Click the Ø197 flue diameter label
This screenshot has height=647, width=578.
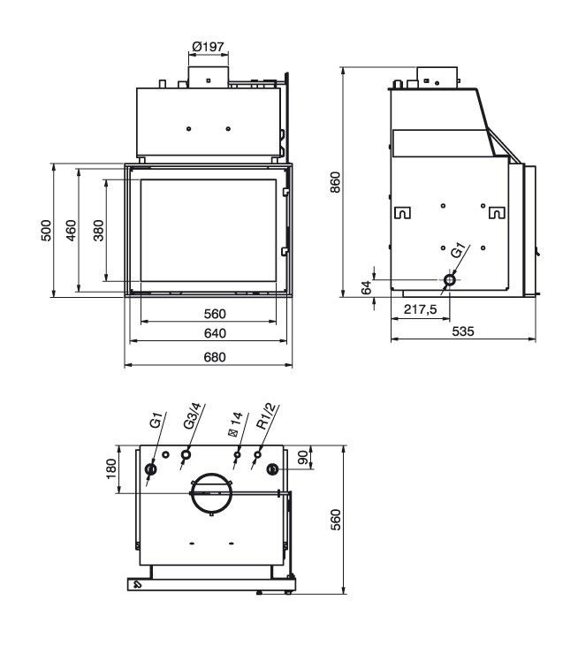click(209, 47)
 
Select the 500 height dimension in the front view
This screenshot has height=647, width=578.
click(47, 230)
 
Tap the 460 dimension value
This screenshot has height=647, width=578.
click(71, 230)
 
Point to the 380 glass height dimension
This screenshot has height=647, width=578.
click(99, 230)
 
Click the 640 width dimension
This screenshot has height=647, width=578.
click(215, 333)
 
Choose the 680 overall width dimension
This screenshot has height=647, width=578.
click(215, 357)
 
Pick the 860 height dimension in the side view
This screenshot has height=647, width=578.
click(336, 182)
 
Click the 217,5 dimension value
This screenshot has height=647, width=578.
click(420, 309)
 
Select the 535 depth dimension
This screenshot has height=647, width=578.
click(463, 331)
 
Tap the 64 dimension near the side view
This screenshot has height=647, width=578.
click(367, 287)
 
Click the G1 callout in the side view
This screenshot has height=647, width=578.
click(459, 251)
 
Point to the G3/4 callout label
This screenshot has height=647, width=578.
click(193, 416)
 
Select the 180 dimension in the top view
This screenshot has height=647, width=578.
click(111, 468)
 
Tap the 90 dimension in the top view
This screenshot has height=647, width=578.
click(303, 457)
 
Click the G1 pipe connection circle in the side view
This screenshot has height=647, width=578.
click(450, 280)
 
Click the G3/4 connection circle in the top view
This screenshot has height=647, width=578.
click(186, 454)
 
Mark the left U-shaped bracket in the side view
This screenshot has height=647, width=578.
click(403, 212)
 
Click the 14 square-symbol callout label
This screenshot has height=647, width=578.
click(235, 423)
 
